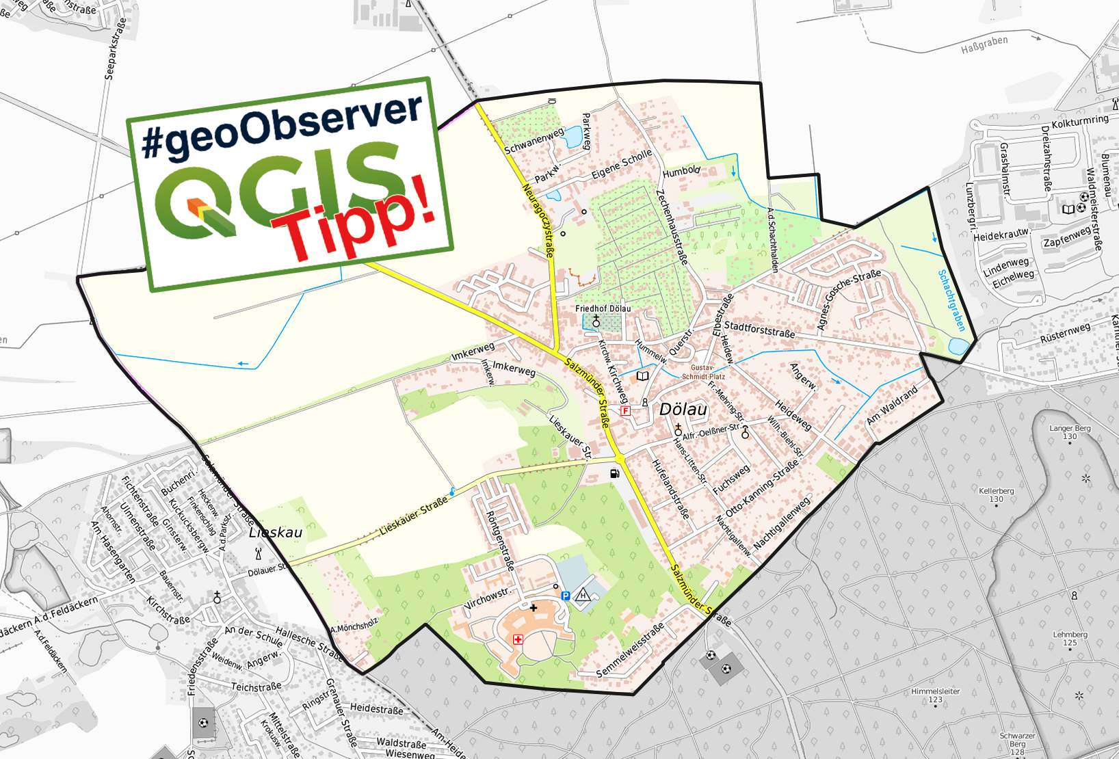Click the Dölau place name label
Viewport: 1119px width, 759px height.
(x=683, y=410)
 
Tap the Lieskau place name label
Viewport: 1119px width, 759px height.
(x=275, y=532)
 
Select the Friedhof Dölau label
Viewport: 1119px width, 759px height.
(x=603, y=308)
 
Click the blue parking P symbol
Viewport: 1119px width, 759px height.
(x=566, y=596)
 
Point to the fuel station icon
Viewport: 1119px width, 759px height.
(x=614, y=473)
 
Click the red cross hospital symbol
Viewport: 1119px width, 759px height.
(x=518, y=639)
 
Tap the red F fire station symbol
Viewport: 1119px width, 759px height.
(x=624, y=411)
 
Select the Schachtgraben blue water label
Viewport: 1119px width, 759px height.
(x=951, y=300)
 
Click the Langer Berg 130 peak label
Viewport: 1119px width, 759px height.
(x=1070, y=432)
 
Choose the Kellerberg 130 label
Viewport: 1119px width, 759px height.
(x=996, y=494)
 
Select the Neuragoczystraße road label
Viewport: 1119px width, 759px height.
(x=538, y=220)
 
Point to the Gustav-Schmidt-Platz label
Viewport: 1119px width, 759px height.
(x=703, y=372)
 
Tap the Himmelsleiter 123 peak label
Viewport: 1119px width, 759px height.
(x=935, y=695)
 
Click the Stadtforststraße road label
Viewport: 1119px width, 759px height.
(x=759, y=330)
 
